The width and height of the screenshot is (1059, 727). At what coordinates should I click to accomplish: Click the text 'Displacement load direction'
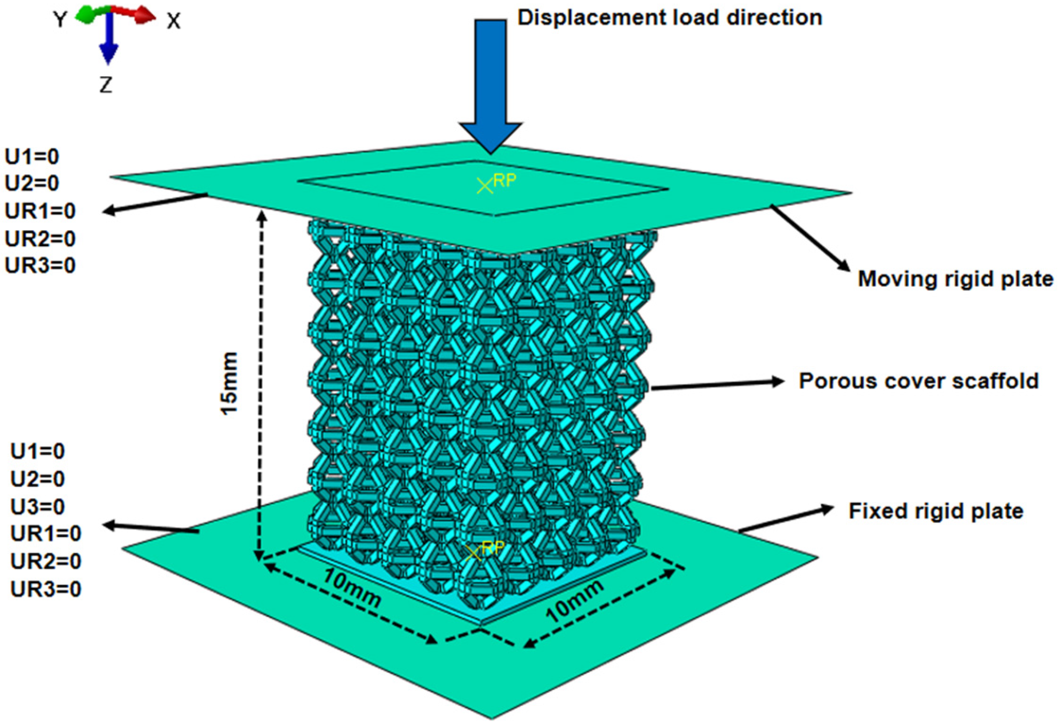point(669,18)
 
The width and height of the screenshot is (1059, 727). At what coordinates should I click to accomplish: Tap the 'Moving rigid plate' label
point(955,279)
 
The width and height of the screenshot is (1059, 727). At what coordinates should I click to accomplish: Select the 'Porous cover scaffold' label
point(918,381)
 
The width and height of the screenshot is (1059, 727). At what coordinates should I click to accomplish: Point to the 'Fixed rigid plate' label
point(936,511)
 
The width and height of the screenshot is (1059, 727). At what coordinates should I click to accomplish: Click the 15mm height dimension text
point(230,384)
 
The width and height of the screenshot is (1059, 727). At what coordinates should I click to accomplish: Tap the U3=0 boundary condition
point(38,507)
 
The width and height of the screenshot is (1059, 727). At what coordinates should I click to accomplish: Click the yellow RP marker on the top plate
point(485,186)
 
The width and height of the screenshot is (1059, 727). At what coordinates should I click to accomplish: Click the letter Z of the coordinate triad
point(105,85)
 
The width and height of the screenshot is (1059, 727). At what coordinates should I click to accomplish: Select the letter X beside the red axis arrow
point(174,22)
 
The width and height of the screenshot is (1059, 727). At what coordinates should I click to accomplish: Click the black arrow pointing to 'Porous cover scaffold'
point(717,385)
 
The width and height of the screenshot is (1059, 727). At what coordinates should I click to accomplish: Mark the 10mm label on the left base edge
point(351,588)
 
